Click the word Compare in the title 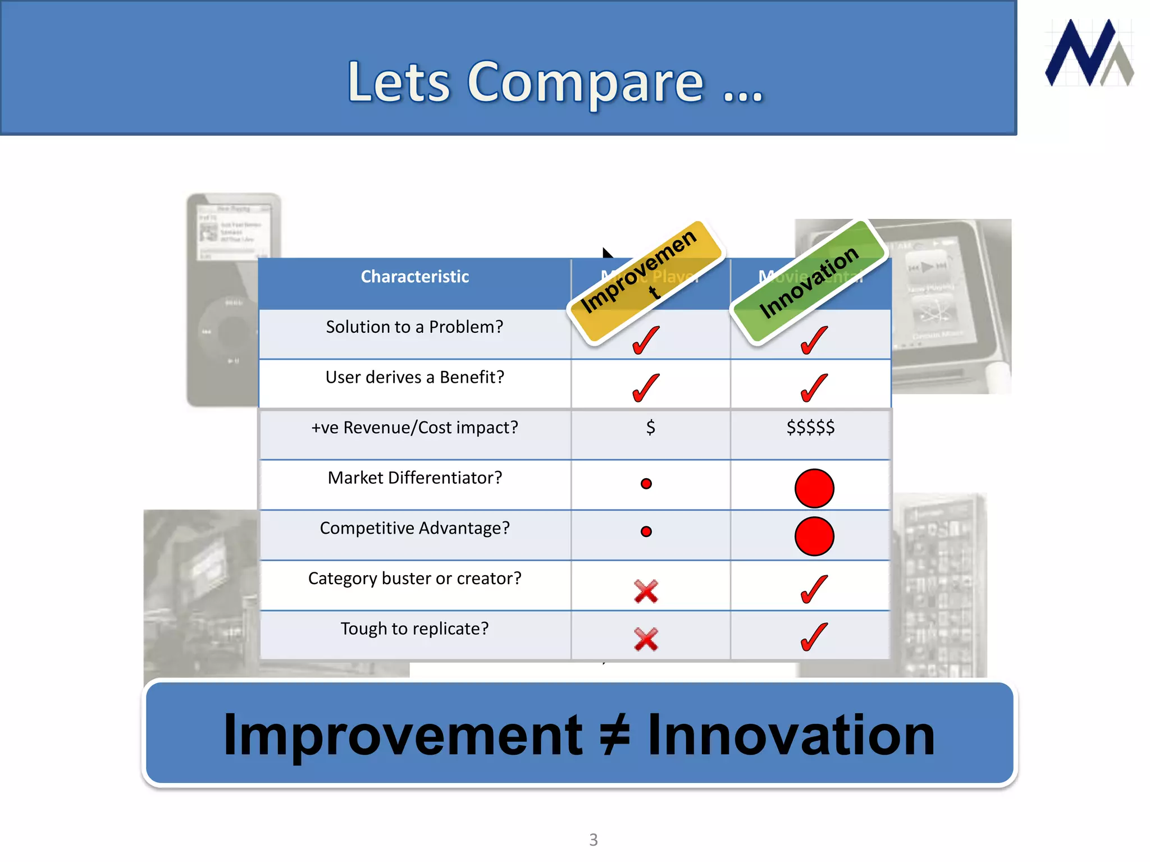[x=585, y=82]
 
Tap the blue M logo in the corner [x=1088, y=53]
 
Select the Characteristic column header [x=414, y=277]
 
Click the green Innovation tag [x=809, y=281]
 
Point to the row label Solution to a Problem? [x=414, y=327]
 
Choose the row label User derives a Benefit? [x=414, y=377]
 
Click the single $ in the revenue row [x=650, y=428]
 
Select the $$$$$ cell [x=810, y=428]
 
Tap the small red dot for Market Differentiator [x=646, y=484]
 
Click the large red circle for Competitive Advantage [x=814, y=536]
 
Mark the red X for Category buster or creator [x=646, y=591]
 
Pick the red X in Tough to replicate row [x=646, y=639]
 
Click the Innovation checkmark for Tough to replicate [x=814, y=638]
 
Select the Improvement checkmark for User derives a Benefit [x=646, y=388]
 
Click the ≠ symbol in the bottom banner [x=615, y=735]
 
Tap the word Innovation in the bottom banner [x=791, y=735]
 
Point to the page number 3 [x=594, y=840]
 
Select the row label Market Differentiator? [x=414, y=478]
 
